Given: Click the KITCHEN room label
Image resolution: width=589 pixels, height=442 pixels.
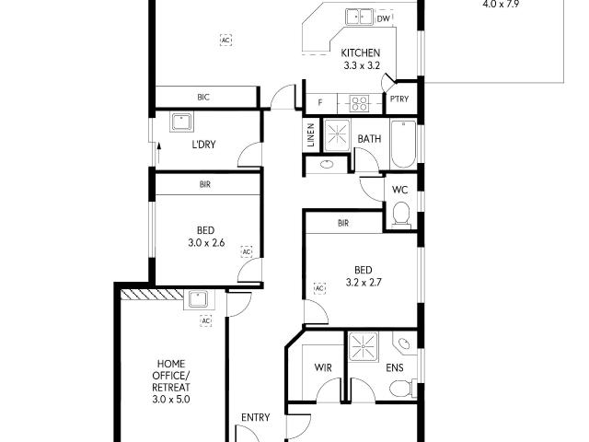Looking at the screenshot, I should click(x=360, y=52).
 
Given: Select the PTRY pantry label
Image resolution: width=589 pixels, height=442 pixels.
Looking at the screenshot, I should click(x=398, y=100).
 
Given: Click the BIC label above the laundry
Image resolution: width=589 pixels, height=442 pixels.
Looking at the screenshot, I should click(x=203, y=97).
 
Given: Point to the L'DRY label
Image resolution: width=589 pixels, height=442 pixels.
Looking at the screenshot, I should click(x=202, y=145).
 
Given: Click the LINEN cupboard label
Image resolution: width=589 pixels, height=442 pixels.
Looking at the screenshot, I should click(x=311, y=137).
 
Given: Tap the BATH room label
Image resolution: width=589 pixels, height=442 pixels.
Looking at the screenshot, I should click(x=369, y=139).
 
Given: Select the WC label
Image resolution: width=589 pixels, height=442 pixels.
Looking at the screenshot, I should click(x=399, y=190).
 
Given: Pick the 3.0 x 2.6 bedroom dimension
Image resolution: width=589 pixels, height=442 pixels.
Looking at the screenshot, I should click(x=205, y=244).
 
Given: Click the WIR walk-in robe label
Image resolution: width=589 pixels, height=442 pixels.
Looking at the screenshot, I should click(x=323, y=367).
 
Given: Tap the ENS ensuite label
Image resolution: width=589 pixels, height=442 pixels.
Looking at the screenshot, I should click(x=394, y=367).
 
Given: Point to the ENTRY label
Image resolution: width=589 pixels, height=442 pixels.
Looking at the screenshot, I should click(x=255, y=418).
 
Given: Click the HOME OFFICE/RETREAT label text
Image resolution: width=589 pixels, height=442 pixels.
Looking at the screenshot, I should click(x=171, y=375).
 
